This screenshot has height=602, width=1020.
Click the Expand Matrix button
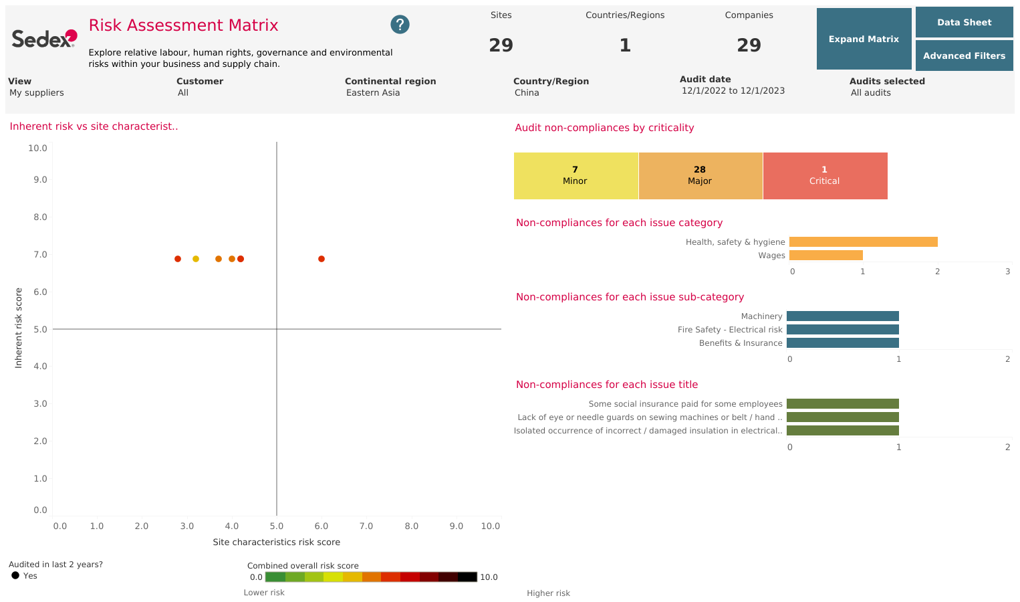[x=864, y=39]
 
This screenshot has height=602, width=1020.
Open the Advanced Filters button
[x=964, y=56]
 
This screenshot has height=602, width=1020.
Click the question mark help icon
[x=400, y=25]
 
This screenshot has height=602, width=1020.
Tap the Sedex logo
[x=44, y=39]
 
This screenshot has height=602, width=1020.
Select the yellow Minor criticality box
[x=576, y=175]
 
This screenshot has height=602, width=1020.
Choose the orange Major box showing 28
[x=700, y=175]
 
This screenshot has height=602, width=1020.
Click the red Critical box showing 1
[x=824, y=175]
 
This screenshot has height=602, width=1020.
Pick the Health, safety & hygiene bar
[x=863, y=242]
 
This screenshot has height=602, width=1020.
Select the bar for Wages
[x=825, y=256]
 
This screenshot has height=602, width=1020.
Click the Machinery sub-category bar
[x=842, y=316]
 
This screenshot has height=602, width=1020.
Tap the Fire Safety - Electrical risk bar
[x=842, y=330]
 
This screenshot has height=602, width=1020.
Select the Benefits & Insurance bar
[x=842, y=343]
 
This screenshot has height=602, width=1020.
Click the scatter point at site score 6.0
[x=322, y=259]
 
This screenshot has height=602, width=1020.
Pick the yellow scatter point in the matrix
[x=196, y=259]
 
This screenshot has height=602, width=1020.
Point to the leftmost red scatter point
[x=178, y=259]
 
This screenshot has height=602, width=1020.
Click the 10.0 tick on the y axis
[x=37, y=148]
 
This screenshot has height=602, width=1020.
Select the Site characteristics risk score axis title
[x=276, y=542]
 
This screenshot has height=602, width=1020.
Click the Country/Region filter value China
[x=527, y=93]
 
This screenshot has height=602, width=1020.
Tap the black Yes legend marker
[x=15, y=575]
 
